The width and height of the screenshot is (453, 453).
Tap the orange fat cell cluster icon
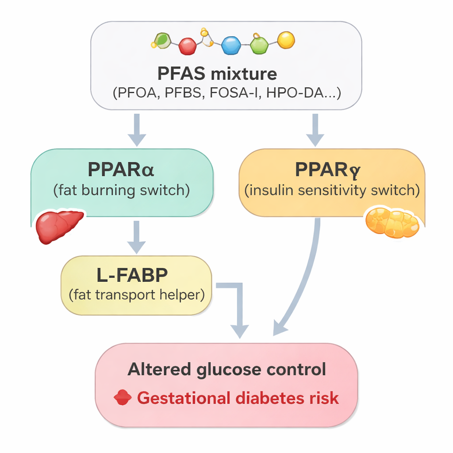392,223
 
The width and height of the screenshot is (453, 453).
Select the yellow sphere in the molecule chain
286,40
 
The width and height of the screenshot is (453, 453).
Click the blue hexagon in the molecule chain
230,45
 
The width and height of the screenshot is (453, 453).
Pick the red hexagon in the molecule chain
188,46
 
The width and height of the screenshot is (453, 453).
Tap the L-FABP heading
132,275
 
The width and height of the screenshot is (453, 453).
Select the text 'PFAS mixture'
217,73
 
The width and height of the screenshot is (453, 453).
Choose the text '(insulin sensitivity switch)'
332,191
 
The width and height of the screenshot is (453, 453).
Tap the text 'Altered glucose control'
226,369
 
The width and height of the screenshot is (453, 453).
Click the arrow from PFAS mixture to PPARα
137,129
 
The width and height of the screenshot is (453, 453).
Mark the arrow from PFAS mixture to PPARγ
315,129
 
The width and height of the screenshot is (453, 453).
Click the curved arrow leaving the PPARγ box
305,283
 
